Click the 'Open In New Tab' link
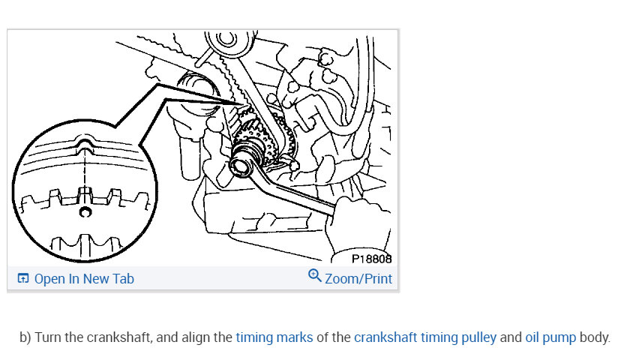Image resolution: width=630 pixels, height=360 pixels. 84,278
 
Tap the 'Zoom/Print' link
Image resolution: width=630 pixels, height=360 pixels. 358,278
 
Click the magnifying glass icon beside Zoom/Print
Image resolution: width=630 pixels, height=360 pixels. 314,276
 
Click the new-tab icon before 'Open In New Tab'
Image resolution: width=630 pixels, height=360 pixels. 23,278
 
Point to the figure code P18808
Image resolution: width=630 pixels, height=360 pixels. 372,259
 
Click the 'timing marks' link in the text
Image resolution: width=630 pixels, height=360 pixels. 274,337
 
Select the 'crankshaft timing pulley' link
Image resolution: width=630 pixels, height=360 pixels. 425,337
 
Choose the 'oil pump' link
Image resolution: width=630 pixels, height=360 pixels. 550,337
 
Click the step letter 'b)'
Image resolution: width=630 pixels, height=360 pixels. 25,337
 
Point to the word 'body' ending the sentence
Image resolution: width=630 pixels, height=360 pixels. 595,337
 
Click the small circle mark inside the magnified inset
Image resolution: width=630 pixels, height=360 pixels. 85,211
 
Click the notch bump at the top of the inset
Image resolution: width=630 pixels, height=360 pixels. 84,142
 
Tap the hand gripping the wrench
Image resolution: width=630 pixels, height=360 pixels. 358,225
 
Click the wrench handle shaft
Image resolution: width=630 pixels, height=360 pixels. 297,193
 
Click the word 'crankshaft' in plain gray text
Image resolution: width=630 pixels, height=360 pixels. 118,337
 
